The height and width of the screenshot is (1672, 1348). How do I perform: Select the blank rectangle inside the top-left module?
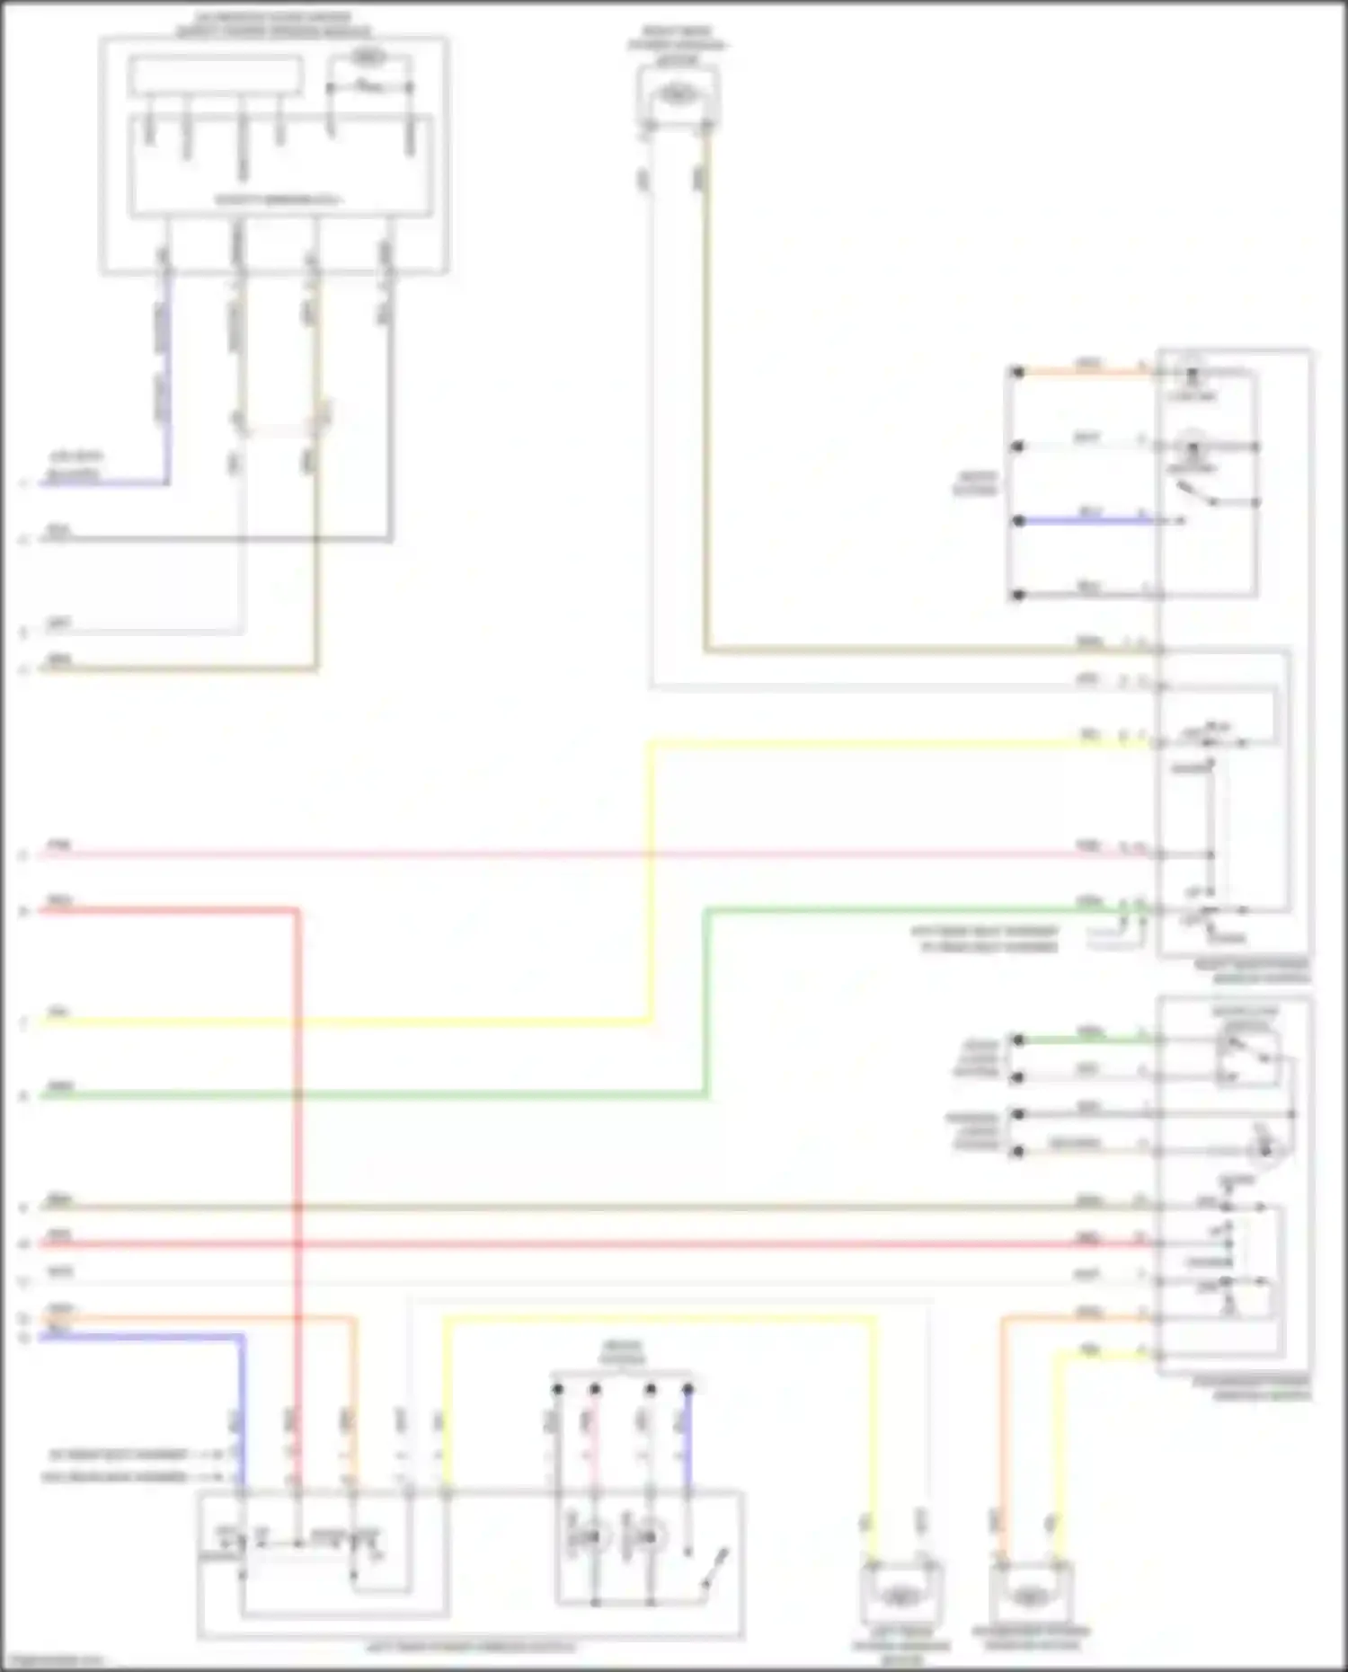click(216, 75)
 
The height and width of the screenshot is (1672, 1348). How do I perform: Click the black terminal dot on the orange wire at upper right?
click(1017, 371)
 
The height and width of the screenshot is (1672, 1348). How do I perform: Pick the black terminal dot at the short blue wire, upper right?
click(1017, 520)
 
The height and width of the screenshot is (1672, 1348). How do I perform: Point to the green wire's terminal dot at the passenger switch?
click(1017, 1039)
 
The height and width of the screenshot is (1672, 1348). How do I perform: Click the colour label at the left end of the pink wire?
click(58, 846)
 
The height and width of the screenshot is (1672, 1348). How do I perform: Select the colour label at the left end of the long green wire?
click(60, 1088)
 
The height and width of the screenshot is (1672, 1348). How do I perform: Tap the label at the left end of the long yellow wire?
click(58, 1013)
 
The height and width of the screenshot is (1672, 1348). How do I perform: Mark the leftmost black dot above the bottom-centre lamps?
click(557, 1389)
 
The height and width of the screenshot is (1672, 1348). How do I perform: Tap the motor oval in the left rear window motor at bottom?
click(899, 1597)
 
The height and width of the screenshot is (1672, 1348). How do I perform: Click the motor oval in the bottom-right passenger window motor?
click(1029, 1597)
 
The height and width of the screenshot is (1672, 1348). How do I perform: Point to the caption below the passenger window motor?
click(1031, 1637)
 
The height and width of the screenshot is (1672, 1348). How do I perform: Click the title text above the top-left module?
click(273, 24)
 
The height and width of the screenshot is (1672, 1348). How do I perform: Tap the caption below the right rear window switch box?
click(1252, 970)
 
